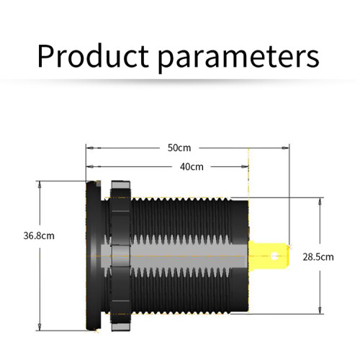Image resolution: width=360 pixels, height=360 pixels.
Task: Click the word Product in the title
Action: point(93,55)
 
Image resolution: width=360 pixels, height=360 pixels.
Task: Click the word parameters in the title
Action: point(238,58)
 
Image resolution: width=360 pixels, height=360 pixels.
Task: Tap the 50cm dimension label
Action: point(179,148)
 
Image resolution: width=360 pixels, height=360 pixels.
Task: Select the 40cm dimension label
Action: point(192,166)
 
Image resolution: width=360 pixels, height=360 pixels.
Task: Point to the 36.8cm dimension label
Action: point(39,235)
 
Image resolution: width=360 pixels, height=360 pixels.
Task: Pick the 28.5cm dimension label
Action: point(318,257)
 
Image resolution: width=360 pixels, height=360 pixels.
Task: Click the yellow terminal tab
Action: point(269,256)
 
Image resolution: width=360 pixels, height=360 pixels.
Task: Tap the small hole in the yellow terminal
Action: point(275,256)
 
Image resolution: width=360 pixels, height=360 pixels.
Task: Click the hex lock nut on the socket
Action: point(120,256)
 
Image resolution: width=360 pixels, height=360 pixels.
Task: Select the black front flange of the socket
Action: point(94,256)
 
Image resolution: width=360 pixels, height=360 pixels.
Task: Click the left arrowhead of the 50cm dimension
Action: point(90,148)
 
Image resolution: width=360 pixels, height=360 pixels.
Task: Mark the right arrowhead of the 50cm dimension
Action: point(286,148)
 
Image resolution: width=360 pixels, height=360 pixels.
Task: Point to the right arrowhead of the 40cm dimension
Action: point(245,166)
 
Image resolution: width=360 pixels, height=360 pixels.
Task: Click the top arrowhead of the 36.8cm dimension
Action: point(40,185)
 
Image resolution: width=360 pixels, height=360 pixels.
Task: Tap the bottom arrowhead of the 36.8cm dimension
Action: point(40,327)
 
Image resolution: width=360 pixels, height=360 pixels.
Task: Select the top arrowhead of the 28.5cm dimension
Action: point(320,202)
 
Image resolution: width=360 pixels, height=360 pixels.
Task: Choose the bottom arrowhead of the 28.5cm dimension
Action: point(320,310)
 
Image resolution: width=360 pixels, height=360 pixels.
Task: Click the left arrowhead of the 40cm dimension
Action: point(90,166)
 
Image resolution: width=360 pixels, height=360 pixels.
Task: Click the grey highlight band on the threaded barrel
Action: point(175,256)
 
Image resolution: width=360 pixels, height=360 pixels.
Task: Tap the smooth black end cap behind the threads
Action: point(239,256)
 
